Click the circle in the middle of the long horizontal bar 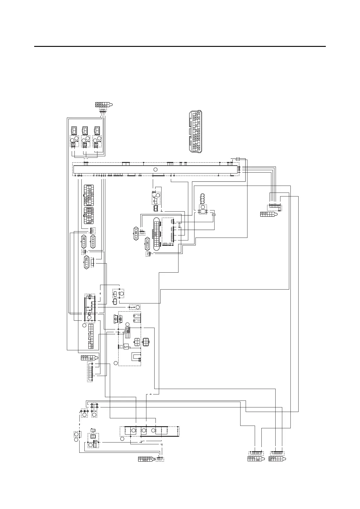point(155,170)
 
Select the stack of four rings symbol point(203,199)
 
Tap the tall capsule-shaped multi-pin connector point(156,233)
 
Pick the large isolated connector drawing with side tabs point(195,132)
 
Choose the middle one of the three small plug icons point(85,130)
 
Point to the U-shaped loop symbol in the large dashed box point(136,357)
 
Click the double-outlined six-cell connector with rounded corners point(146,342)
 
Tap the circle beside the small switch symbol point(138,307)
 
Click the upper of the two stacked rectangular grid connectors point(89,195)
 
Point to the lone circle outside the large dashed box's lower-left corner point(116,363)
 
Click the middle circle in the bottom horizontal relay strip point(144,430)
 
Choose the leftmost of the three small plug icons point(74,130)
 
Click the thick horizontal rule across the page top point(180,47)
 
